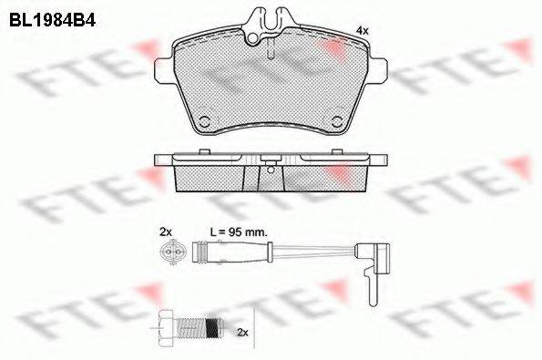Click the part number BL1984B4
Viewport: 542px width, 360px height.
point(52,20)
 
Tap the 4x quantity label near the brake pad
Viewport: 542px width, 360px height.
point(363,31)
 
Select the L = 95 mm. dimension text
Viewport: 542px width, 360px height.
point(239,232)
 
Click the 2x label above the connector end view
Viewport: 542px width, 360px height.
point(166,232)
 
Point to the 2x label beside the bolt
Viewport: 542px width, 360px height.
point(242,333)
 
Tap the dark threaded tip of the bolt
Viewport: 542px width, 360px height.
point(214,327)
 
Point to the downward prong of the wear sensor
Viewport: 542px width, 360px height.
point(372,286)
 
